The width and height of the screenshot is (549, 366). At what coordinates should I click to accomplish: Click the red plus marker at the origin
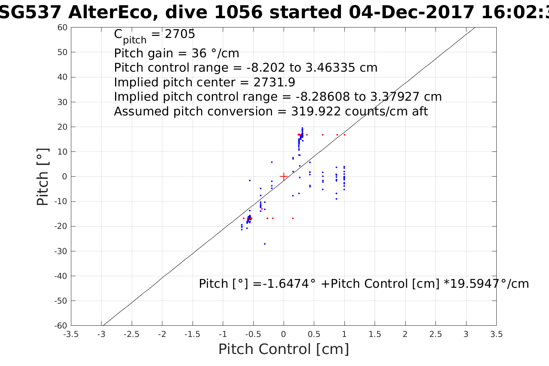click(x=284, y=176)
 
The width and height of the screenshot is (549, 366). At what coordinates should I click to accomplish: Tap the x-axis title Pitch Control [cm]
click(x=284, y=349)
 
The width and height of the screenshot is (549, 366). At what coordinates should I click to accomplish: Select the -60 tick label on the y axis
click(x=61, y=325)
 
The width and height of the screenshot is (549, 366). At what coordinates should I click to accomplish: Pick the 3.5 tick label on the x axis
click(x=496, y=334)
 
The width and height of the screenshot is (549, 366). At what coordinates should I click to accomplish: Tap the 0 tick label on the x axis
click(x=284, y=334)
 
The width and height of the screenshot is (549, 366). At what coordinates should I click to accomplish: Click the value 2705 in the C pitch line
click(x=180, y=34)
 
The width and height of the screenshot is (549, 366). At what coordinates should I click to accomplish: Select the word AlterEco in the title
click(x=112, y=12)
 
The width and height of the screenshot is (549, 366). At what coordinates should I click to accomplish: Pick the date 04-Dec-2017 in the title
click(x=411, y=12)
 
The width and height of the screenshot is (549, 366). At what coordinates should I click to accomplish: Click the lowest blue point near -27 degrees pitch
click(x=265, y=244)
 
